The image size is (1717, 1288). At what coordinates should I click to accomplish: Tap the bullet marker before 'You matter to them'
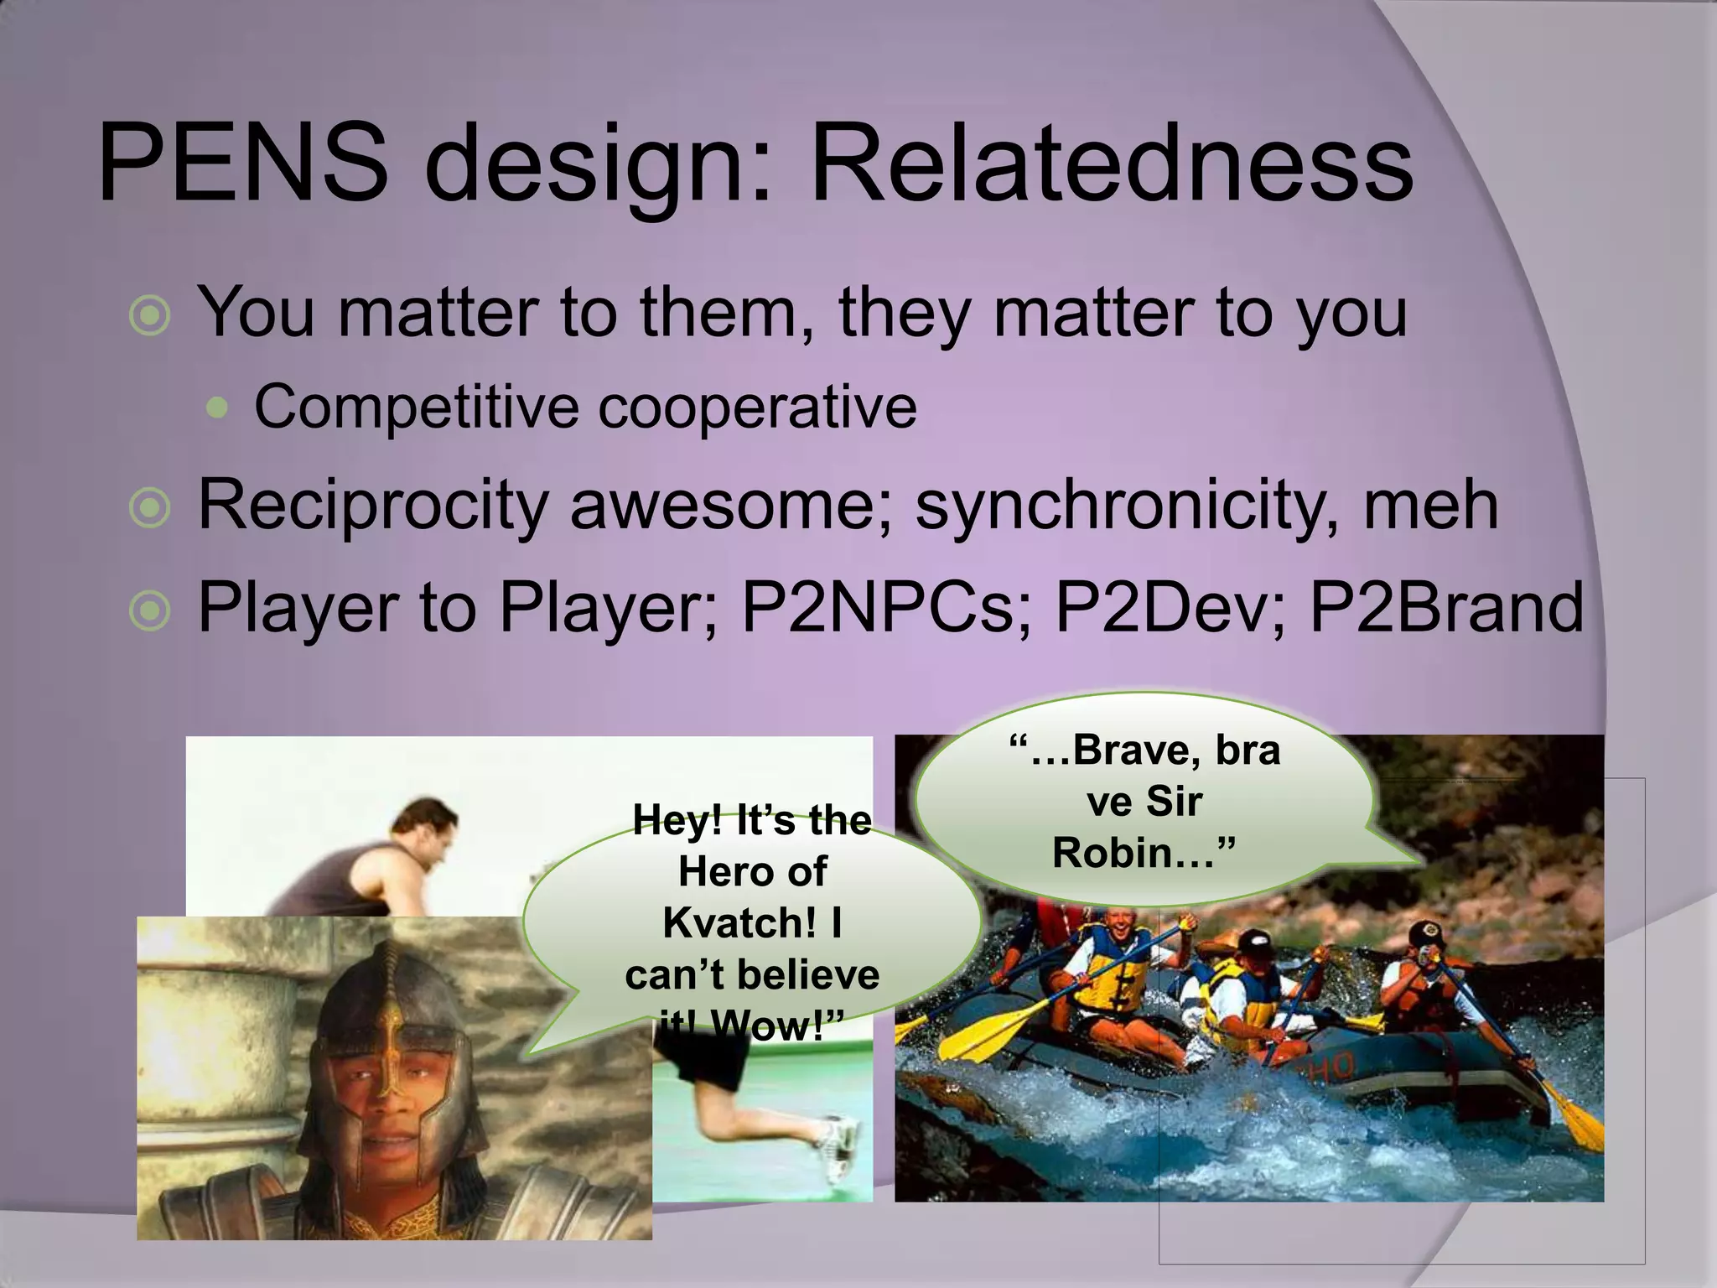click(x=151, y=316)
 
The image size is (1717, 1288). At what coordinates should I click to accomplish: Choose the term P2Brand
click(x=1446, y=607)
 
